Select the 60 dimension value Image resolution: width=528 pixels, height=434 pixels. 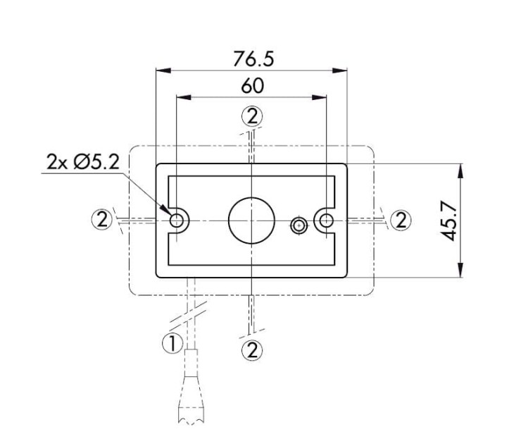[252, 86]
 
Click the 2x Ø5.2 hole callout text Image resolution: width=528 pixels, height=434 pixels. [83, 162]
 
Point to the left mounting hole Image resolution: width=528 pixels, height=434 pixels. [177, 221]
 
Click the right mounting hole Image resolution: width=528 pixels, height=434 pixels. [325, 221]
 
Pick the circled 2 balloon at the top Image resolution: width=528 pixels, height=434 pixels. [251, 116]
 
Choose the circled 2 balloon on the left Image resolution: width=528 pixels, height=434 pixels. [102, 220]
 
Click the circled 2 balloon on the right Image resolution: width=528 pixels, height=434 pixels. [401, 220]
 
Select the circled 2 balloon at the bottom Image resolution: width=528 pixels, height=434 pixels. [251, 349]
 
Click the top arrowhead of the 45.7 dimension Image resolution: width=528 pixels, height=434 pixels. [460, 170]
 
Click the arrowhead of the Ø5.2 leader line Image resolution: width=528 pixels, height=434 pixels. [168, 213]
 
